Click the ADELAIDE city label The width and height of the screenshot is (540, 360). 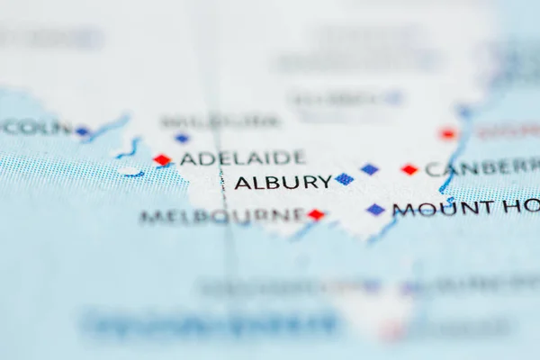click(242, 158)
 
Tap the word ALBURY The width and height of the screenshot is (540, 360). click(283, 182)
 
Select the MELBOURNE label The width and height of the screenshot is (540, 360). click(222, 216)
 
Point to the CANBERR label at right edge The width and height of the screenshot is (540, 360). click(481, 168)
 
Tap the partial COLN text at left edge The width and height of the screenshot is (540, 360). click(36, 128)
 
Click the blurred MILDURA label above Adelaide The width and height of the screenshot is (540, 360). click(220, 121)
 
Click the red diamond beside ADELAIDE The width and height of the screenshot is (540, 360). click(162, 160)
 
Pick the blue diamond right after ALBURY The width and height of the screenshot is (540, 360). click(344, 179)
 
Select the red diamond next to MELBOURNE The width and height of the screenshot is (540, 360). click(316, 215)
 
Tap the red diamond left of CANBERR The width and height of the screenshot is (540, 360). click(409, 169)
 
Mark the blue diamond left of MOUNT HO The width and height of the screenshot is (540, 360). click(375, 210)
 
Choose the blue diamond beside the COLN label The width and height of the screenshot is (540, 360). click(83, 131)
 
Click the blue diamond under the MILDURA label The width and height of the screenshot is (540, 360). click(183, 139)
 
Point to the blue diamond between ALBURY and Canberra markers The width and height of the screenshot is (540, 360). click(369, 169)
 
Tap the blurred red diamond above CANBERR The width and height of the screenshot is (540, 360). click(447, 134)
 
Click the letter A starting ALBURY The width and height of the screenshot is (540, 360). click(242, 183)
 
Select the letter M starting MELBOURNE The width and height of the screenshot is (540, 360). click(148, 217)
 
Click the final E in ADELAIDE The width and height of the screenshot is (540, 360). click(299, 157)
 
